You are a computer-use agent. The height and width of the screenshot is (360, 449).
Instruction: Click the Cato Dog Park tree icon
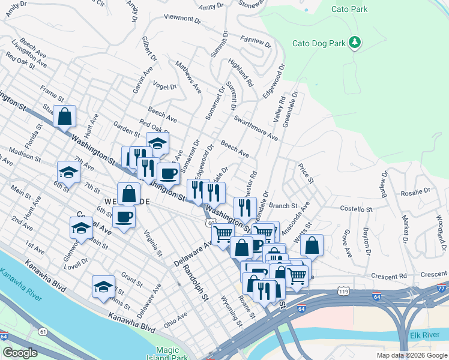tap(355, 42)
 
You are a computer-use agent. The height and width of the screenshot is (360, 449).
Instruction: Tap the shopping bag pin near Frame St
tap(65, 117)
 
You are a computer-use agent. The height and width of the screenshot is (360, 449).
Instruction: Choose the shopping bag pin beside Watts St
tap(312, 245)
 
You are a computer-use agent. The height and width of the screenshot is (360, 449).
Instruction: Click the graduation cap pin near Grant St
tap(104, 287)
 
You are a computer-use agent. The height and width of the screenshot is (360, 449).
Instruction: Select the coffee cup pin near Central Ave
tap(124, 217)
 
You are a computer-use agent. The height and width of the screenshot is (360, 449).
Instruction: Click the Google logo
tap(20, 353)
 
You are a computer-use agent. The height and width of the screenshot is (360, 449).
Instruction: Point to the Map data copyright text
tap(411, 355)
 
